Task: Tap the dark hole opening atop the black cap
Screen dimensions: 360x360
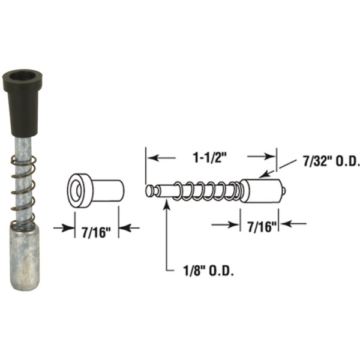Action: click(22, 77)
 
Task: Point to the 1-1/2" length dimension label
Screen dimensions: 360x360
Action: click(211, 157)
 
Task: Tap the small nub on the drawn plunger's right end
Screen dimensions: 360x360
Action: click(284, 191)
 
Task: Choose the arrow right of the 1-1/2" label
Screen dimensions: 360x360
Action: click(262, 157)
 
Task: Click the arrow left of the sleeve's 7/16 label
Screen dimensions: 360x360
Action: click(62, 228)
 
